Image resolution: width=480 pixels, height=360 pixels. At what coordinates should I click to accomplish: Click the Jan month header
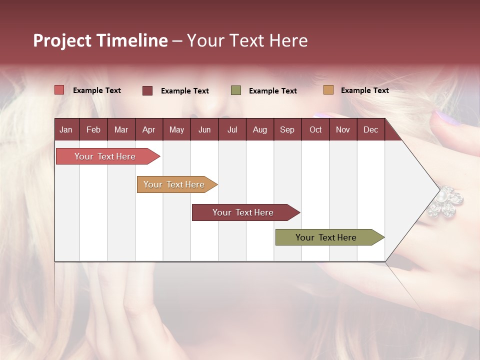[66, 129]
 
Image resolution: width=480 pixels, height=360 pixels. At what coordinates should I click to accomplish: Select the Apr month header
[148, 129]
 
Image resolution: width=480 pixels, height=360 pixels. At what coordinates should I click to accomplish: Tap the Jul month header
[232, 129]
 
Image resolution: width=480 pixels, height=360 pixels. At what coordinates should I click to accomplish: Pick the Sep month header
[287, 129]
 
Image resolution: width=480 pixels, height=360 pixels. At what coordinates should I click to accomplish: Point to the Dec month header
[370, 129]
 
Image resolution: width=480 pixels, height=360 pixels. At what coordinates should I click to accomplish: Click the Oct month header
[315, 129]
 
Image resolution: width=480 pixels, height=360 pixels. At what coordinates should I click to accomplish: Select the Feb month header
[93, 129]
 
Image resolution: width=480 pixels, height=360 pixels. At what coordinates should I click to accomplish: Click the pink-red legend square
[59, 90]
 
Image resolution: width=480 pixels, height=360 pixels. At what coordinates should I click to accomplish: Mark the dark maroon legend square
[147, 90]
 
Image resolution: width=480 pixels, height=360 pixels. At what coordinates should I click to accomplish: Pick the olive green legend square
[236, 90]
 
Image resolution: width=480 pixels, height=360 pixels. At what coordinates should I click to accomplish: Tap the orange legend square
[328, 90]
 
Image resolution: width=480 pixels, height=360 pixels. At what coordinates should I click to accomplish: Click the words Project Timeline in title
[100, 40]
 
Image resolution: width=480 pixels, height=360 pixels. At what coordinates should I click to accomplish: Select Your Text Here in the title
[247, 40]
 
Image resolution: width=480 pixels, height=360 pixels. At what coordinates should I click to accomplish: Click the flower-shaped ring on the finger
[445, 201]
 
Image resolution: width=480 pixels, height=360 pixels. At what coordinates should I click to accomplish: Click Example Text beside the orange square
[364, 90]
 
